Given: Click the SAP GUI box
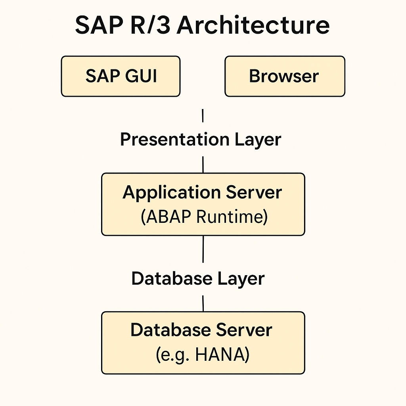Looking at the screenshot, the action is point(121,77).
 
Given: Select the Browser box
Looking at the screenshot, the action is point(285,77).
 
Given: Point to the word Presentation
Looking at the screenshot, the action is point(175,139).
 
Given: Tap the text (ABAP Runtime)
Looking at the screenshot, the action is point(204,216).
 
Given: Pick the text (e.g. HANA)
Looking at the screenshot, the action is point(203,355).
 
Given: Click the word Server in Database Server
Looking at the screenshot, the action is point(244,330).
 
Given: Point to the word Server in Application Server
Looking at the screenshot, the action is point(254,192).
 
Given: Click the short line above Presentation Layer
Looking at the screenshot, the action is point(203,115).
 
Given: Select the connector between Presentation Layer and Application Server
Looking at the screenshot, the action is point(203,165).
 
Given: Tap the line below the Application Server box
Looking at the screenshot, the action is point(203,249).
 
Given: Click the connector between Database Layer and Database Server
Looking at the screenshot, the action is point(203,303).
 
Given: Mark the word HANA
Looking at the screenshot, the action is point(220,355).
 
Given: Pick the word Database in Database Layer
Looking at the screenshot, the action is point(172,279).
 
